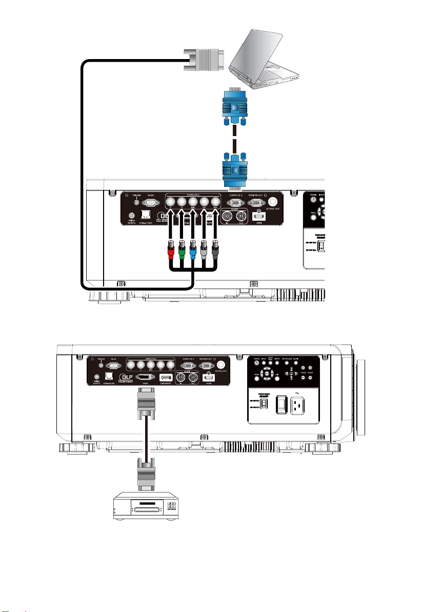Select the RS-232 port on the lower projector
(114, 366)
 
